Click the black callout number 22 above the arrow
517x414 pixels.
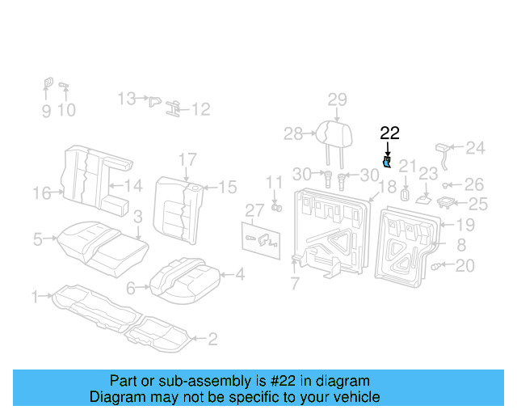pos(389,133)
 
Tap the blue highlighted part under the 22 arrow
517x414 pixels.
pos(388,163)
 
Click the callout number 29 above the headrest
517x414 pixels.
pos(337,99)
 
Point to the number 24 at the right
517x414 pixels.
pos(475,148)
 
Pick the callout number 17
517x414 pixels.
pos(187,158)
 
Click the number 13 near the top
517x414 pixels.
pos(127,99)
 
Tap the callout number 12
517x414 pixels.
pos(200,109)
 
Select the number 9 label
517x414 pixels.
pos(46,111)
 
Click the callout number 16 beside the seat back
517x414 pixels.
pos(43,192)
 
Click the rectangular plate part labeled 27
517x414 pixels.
pos(261,237)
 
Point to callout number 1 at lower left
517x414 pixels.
pos(35,298)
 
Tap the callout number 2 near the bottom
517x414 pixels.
pos(212,339)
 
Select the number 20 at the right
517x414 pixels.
pos(465,265)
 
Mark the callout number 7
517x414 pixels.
pos(295,283)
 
